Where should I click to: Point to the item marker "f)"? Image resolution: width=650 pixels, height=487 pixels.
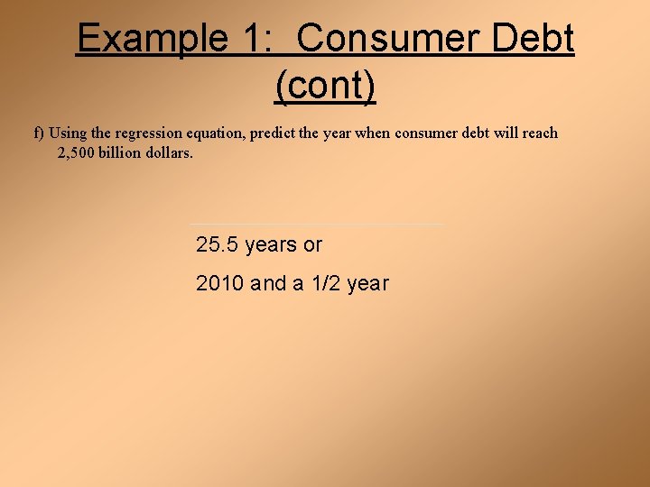pyautogui.click(x=40, y=133)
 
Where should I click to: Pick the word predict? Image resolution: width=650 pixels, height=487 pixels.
pyautogui.click(x=272, y=133)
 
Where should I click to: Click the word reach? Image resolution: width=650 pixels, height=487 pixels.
pyautogui.click(x=540, y=133)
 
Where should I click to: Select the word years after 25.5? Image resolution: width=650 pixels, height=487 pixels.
pyautogui.click(x=271, y=245)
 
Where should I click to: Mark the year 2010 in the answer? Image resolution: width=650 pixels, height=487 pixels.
pyautogui.click(x=220, y=283)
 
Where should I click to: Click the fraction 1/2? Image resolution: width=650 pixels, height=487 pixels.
pyautogui.click(x=325, y=283)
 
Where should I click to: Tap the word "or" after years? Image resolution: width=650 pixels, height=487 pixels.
pyautogui.click(x=312, y=245)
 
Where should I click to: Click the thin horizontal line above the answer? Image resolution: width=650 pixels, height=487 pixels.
pyautogui.click(x=316, y=225)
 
